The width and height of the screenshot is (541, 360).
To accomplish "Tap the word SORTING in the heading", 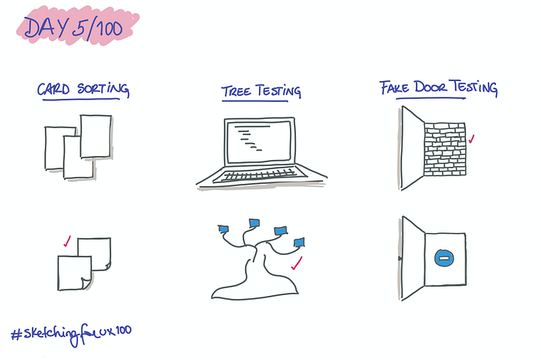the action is coord(103,89).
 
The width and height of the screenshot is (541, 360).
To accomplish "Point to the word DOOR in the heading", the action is coord(431,87).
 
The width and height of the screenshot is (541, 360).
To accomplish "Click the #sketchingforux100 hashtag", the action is coord(71,335).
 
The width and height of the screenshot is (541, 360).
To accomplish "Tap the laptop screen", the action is coord(260,141).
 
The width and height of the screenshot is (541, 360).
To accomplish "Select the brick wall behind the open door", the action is coord(444,149).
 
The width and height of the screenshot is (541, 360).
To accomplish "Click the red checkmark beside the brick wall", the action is coord(471,138).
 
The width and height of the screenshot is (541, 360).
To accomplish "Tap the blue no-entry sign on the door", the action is coord(444,258).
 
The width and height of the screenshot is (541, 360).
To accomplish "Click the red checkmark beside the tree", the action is coord(297,263).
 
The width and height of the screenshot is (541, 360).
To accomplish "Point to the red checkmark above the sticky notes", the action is coord(67,241).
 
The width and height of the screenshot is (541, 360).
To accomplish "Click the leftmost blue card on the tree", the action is coord(223,229).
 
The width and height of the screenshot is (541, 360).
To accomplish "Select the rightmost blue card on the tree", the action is coord(299,243).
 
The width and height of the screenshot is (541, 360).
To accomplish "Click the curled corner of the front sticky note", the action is coord(86,283).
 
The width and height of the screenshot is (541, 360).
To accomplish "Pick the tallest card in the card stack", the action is coord(96,137).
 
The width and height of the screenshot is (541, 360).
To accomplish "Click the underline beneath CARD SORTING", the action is coord(81,100).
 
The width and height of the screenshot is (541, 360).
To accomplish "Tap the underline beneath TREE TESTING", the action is coord(255,101).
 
